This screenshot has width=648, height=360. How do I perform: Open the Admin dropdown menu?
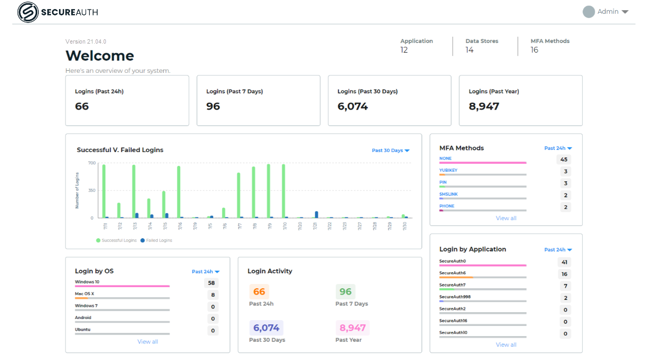point(607,12)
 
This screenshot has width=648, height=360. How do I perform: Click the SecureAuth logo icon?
point(28,12)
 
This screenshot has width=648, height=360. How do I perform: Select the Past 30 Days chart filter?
point(391,150)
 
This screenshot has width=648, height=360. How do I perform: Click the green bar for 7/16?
point(179,191)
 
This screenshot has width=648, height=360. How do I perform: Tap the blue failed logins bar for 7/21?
point(316,214)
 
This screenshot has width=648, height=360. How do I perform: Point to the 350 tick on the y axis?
point(91,190)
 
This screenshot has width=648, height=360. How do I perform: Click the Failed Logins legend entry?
point(156,240)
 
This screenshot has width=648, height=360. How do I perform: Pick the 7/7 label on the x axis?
point(240,227)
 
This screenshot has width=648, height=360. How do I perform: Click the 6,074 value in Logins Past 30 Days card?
point(352,106)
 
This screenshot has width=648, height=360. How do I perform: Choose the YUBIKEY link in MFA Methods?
point(448,170)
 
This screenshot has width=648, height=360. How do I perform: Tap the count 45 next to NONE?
point(564,160)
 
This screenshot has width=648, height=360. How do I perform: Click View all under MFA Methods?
point(506,218)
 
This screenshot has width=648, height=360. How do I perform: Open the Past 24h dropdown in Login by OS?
point(206,272)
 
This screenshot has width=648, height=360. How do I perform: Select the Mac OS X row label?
point(85,294)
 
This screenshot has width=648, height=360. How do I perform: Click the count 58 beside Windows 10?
point(212,283)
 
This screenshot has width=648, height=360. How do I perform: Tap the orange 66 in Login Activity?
point(259,291)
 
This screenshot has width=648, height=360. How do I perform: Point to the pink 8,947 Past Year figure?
point(352,328)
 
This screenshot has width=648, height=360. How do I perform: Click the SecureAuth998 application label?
point(455,297)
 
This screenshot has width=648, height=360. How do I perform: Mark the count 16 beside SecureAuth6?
point(564,274)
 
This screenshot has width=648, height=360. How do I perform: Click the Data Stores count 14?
point(469,50)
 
